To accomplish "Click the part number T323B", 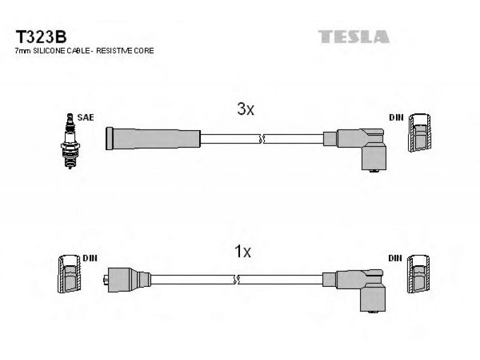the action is [x=41, y=37].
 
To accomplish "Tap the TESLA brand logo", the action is [x=353, y=37].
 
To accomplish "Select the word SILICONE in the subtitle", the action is [x=49, y=51].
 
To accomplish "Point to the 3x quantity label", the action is [x=245, y=109].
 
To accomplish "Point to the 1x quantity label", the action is [x=242, y=251].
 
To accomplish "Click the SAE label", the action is [x=85, y=117].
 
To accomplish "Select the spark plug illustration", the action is [x=70, y=141].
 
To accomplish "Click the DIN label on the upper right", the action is [x=396, y=117].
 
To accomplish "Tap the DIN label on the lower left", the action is [x=90, y=258].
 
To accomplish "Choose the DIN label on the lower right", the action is [x=395, y=258].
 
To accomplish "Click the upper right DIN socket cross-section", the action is [x=419, y=133].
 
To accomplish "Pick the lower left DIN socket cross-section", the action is [x=70, y=274].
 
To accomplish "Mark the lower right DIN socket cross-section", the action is [x=418, y=274].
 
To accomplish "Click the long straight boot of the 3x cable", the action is [x=153, y=139].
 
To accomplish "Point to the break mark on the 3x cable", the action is [x=262, y=139].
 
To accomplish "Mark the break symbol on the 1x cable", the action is [x=236, y=280].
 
